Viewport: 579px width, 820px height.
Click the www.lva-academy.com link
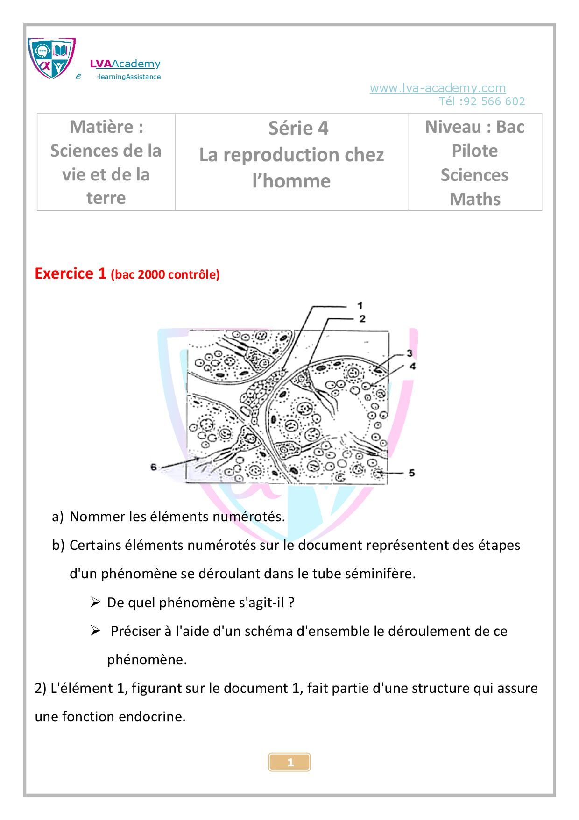[x=438, y=88]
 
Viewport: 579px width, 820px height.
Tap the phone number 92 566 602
[x=494, y=101]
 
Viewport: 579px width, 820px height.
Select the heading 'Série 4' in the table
[x=298, y=128]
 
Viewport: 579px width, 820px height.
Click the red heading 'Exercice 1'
[x=71, y=273]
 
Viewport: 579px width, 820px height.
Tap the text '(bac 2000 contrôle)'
[x=165, y=274]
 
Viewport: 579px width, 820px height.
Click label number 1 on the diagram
[x=360, y=306]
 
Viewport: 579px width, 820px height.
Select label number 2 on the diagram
[x=362, y=318]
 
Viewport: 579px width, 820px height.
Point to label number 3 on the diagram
[x=409, y=353]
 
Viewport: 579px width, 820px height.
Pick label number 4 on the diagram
[x=412, y=366]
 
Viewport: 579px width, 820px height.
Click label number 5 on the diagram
[x=411, y=473]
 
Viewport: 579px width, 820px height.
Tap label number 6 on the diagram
[x=154, y=467]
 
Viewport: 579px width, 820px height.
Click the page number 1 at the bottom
[x=289, y=762]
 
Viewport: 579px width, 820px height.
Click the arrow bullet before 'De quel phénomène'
[x=95, y=602]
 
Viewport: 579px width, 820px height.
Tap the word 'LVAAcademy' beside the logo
[x=125, y=64]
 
